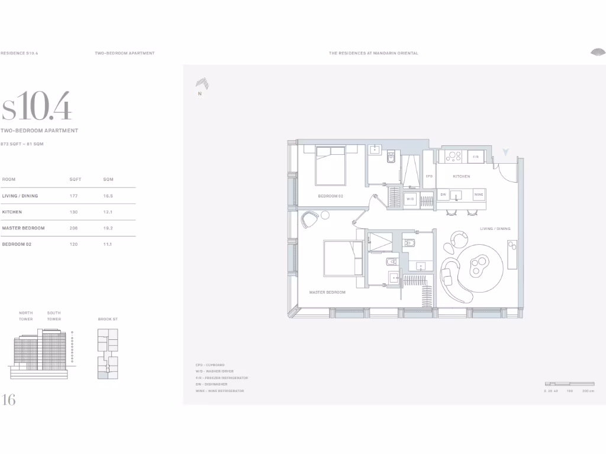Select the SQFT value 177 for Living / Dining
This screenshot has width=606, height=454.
coord(74,196)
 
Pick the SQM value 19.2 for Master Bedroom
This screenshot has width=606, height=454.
coord(108,228)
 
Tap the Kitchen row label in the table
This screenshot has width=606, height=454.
coord(12,212)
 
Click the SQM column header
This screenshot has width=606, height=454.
coord(108,179)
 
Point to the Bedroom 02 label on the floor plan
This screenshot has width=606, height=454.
coord(330,196)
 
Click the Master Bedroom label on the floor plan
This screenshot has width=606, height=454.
coord(327,292)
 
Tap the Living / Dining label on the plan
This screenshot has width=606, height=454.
coord(495,229)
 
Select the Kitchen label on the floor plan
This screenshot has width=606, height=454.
coord(461,176)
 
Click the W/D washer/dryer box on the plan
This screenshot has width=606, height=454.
coord(410,199)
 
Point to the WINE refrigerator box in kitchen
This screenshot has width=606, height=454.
coord(478,194)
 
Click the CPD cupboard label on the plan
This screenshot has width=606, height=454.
coord(429,176)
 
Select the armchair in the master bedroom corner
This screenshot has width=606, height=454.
coord(310,219)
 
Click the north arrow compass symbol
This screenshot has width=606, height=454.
coord(202,85)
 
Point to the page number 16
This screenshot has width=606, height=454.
coord(9,400)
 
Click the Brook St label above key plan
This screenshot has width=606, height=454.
coord(108,319)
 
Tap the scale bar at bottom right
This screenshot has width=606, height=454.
coord(569,384)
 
